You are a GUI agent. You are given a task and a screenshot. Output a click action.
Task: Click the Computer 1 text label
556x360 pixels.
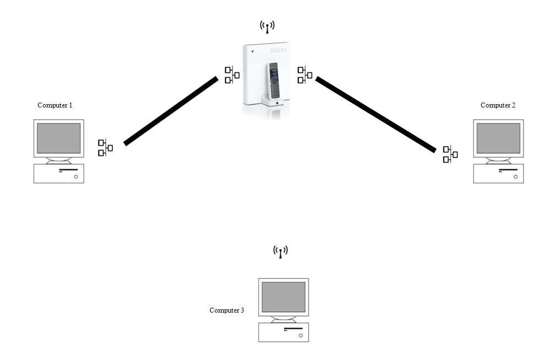click(x=55, y=105)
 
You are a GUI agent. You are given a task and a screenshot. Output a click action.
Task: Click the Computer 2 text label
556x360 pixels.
click(x=498, y=105)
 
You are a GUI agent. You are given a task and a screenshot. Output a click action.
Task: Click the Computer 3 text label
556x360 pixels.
click(x=226, y=310)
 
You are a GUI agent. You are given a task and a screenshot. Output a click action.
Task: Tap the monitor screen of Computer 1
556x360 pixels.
click(x=58, y=138)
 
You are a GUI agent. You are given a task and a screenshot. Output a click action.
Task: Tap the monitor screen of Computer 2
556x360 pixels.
click(x=498, y=138)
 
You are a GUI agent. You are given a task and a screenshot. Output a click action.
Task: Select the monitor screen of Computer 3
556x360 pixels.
click(x=283, y=297)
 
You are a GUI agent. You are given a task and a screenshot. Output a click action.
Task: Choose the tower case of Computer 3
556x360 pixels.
click(x=283, y=332)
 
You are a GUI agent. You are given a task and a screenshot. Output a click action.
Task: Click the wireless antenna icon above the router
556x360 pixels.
click(x=267, y=26)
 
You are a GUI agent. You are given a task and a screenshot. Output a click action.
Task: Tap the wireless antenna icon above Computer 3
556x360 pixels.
click(x=280, y=252)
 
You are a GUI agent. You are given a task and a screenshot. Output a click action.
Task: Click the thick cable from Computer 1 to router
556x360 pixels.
click(x=171, y=111)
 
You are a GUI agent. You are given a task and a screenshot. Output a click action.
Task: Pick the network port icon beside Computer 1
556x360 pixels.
click(x=105, y=148)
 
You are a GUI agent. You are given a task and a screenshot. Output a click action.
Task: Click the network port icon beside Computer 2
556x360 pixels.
click(x=450, y=154)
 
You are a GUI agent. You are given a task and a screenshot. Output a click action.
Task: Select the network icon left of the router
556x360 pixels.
click(x=232, y=75)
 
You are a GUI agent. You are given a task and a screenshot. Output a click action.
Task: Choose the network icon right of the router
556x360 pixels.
click(x=305, y=75)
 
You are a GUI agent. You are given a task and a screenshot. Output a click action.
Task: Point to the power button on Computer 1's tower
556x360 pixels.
click(x=76, y=177)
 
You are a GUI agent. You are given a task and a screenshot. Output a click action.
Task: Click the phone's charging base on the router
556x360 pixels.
click(x=272, y=101)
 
